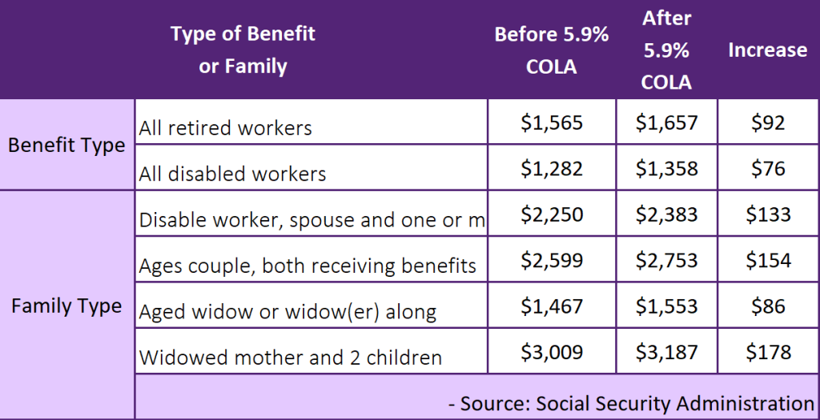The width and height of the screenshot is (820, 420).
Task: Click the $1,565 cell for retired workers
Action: point(552,123)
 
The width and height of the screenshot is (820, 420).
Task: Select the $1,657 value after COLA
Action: point(667,123)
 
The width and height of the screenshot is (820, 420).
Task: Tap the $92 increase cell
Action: point(768,123)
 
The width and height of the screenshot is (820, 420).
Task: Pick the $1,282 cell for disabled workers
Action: point(552,169)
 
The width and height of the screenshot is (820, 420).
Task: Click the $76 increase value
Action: point(768,169)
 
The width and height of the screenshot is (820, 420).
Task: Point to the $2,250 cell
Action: point(552,214)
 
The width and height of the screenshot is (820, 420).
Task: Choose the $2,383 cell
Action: point(667,214)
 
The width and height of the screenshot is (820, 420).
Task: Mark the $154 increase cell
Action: point(768,260)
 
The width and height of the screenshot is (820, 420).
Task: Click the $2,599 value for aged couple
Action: point(552,260)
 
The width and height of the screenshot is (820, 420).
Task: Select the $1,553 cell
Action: point(667,306)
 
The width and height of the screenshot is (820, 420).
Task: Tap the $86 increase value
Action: point(768,306)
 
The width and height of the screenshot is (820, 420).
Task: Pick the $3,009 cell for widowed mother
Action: point(552,352)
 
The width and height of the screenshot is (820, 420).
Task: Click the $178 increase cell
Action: point(768,352)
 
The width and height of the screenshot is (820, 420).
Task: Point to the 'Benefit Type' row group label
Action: point(66,146)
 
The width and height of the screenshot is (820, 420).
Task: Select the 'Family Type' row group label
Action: point(66,306)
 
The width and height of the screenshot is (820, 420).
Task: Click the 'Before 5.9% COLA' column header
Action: point(552,50)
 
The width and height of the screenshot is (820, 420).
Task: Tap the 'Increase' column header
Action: point(767,50)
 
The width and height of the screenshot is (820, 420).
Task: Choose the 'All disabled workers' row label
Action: point(232,174)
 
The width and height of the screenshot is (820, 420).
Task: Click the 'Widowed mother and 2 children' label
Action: point(290,358)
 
